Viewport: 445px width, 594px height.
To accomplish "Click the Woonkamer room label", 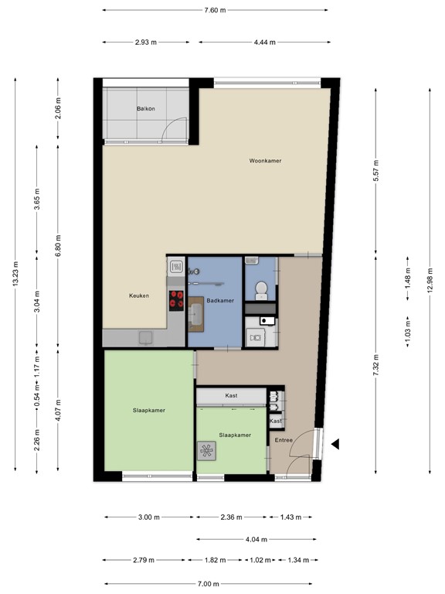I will [x=264, y=161].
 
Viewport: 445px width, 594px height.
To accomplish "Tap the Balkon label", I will [x=146, y=108].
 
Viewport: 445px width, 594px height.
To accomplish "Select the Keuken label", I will [x=139, y=295].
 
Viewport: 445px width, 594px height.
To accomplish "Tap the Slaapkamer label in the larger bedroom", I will [x=148, y=410].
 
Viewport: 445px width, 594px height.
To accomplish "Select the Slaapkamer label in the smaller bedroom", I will [x=234, y=435].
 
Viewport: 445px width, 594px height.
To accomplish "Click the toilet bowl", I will [x=261, y=289].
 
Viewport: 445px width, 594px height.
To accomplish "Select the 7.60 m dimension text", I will [x=215, y=10].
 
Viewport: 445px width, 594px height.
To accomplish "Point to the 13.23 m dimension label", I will [x=15, y=274].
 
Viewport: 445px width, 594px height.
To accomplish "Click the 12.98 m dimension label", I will [x=430, y=272].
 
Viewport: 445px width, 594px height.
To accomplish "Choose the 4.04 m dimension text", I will [x=257, y=539].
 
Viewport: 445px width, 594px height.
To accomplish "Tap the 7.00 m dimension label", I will [x=209, y=584].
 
